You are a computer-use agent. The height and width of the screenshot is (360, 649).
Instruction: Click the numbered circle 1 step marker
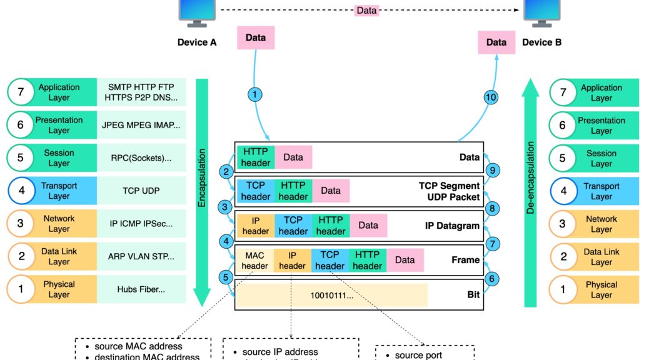(x=254, y=95)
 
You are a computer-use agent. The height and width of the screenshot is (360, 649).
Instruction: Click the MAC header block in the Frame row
(x=255, y=261)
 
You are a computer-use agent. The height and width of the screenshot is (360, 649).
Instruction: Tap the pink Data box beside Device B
(x=496, y=42)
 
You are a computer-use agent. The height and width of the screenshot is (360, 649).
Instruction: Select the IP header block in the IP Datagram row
(x=256, y=226)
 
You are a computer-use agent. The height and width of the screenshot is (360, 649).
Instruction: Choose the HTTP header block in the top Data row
(x=256, y=157)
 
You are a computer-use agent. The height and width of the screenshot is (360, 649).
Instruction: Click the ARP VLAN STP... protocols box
(x=141, y=256)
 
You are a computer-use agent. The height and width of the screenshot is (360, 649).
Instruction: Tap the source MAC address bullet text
(x=139, y=346)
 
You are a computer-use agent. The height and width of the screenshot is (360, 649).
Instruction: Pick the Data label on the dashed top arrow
(x=366, y=10)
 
